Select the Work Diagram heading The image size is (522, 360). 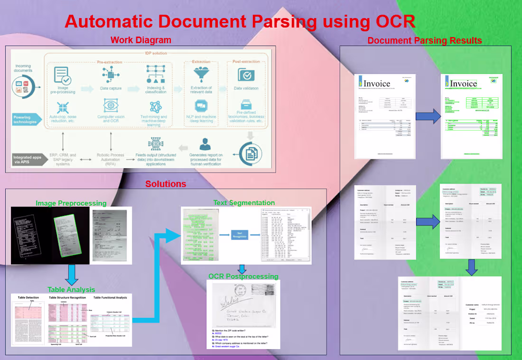pyautogui.click(x=141, y=40)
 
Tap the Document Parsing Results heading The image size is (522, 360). pyautogui.click(x=425, y=40)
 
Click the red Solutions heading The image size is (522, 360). pyautogui.click(x=166, y=184)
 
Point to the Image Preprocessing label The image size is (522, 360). pyautogui.click(x=71, y=203)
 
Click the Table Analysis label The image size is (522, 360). pyautogui.click(x=71, y=289)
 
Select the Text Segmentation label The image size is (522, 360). pyautogui.click(x=244, y=203)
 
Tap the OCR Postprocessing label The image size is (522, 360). pyautogui.click(x=243, y=276)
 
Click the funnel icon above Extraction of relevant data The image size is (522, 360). pyautogui.click(x=201, y=74)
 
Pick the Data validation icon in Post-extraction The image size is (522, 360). pyautogui.click(x=246, y=74)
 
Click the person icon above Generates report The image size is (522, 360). pyautogui.click(x=205, y=143)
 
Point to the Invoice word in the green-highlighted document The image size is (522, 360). pyautogui.click(x=463, y=83)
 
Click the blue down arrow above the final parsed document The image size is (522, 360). pyautogui.click(x=471, y=267)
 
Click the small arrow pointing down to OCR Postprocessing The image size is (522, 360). pyautogui.click(x=242, y=268)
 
